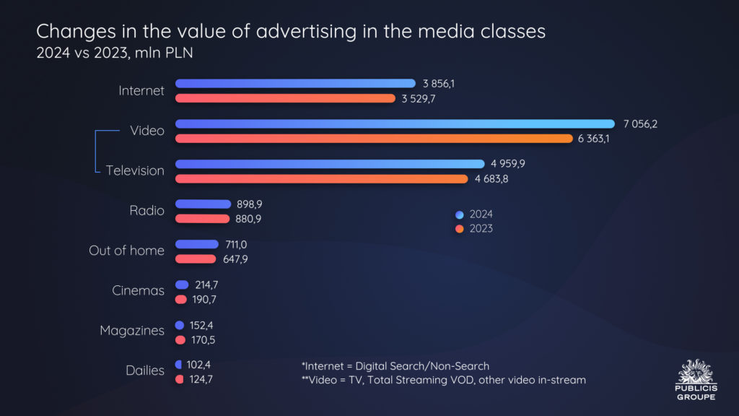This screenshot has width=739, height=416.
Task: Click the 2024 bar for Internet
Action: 295,84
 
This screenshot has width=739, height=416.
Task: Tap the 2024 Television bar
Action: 330,164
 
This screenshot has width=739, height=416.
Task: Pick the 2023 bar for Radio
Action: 198,219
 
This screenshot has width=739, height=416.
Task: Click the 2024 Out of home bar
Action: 196,244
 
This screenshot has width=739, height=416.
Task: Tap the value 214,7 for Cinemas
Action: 206,285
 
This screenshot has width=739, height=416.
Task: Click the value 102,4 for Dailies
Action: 198,365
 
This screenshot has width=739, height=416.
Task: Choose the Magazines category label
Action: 132,331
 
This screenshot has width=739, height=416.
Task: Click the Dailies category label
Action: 145,370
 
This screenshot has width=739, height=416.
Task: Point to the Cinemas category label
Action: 138,290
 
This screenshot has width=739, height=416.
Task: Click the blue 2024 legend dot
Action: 460,214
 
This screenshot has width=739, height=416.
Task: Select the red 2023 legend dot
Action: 460,229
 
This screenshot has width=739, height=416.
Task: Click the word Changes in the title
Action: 69,32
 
